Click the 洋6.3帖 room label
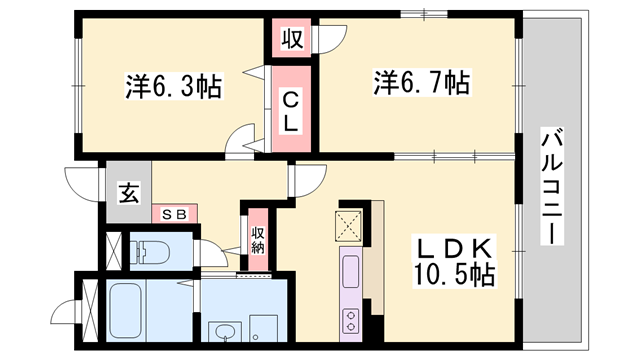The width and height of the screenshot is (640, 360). [x=173, y=86]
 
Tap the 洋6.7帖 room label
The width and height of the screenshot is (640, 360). [x=422, y=83]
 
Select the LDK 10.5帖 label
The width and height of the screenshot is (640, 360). [x=455, y=261]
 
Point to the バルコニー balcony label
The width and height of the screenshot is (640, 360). [x=552, y=186]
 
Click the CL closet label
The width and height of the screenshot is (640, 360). [x=291, y=111]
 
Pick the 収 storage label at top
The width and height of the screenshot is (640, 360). [x=293, y=39]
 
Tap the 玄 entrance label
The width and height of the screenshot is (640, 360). [x=129, y=193]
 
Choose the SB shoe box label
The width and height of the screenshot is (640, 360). [x=174, y=214]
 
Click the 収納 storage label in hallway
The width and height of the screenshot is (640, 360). [x=258, y=240]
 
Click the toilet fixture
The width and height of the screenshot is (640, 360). [x=150, y=250]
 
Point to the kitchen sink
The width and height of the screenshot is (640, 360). [x=351, y=271]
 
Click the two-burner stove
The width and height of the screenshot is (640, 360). [x=351, y=321]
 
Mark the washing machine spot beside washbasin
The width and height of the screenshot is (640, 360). [x=263, y=328]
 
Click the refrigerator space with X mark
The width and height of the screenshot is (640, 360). [x=348, y=225]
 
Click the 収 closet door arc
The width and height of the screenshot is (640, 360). [x=329, y=39]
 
